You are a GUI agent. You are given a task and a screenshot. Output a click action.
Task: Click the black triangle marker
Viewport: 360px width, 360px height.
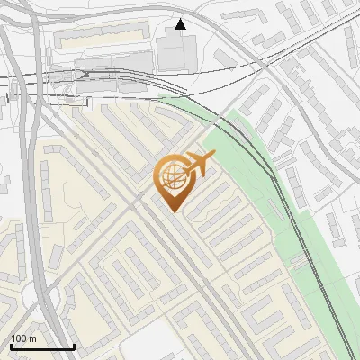[x=181, y=24]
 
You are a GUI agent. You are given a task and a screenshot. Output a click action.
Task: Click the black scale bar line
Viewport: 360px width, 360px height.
[x=42, y=346]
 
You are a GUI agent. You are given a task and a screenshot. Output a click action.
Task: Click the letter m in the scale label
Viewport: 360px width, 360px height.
[x=33, y=338]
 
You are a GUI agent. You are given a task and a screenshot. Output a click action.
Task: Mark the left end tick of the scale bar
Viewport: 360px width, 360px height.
[x=11, y=346]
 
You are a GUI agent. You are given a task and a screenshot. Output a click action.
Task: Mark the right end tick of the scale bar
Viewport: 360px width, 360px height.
[x=74, y=346]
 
